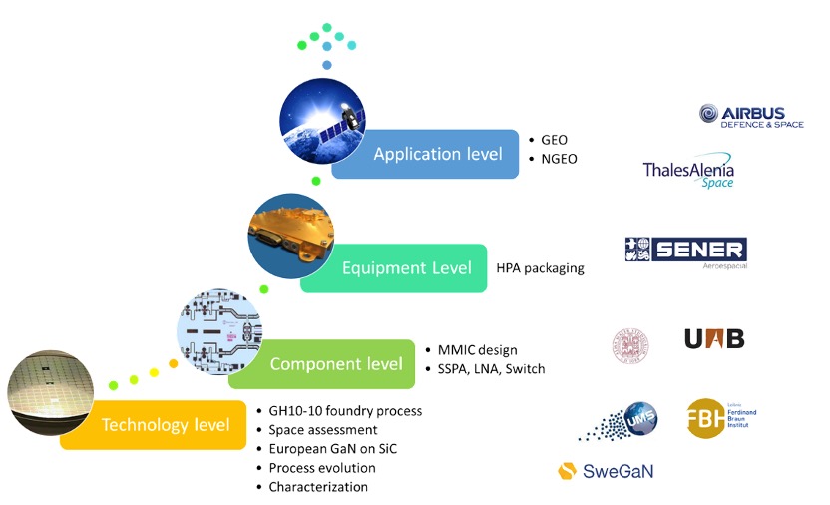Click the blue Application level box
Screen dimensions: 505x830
coord(425,154)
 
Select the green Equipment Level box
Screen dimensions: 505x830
coord(393,268)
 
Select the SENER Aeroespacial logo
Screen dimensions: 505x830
coord(685,252)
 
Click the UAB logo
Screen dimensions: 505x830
coord(714,338)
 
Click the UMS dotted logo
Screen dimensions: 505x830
coord(613,422)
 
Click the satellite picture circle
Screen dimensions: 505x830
coord(318,119)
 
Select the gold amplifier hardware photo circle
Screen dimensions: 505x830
coord(289,235)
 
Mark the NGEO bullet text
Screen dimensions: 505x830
coord(559,159)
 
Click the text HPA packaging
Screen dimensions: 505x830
coord(540,268)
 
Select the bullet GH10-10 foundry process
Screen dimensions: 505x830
coord(345,411)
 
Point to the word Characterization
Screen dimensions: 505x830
coord(318,487)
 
